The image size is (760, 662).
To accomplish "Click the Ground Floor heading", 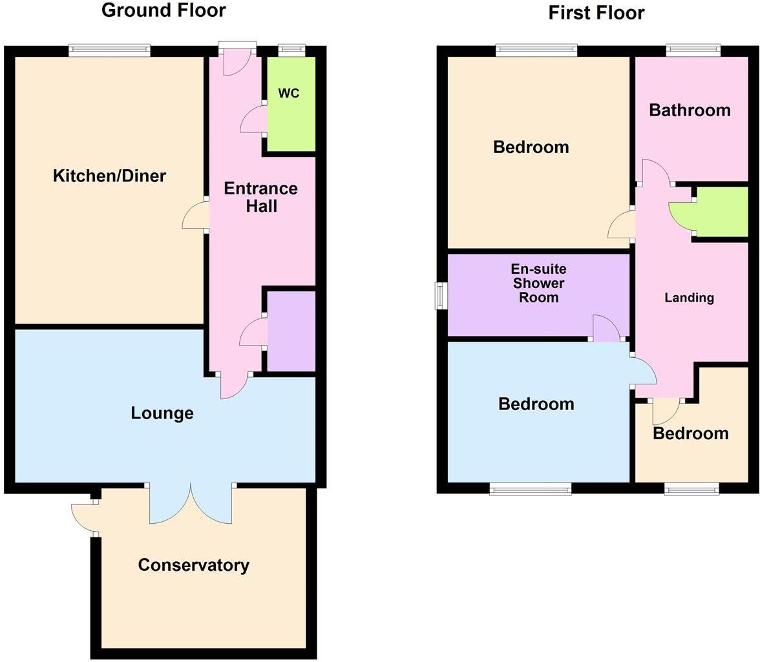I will click(164, 10).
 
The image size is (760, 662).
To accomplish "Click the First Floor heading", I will click(596, 12).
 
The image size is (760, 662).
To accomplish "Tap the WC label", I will click(289, 93).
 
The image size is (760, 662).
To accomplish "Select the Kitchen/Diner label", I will click(109, 176).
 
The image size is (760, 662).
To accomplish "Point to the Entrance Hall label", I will click(260, 197).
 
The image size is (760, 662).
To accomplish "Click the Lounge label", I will click(162, 413).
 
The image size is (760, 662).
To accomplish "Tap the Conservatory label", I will click(193, 565).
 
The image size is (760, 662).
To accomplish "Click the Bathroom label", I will click(690, 110).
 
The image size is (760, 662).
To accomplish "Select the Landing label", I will click(690, 298).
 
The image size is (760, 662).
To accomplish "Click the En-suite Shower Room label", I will click(538, 284).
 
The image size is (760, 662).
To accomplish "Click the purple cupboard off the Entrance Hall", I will click(291, 331).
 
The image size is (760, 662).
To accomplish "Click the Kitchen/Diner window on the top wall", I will click(109, 50).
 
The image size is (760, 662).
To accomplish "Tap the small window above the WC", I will click(291, 50).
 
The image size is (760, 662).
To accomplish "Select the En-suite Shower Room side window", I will click(441, 296).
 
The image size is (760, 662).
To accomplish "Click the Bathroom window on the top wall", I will click(693, 50).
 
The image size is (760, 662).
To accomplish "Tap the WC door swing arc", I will click(253, 121).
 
